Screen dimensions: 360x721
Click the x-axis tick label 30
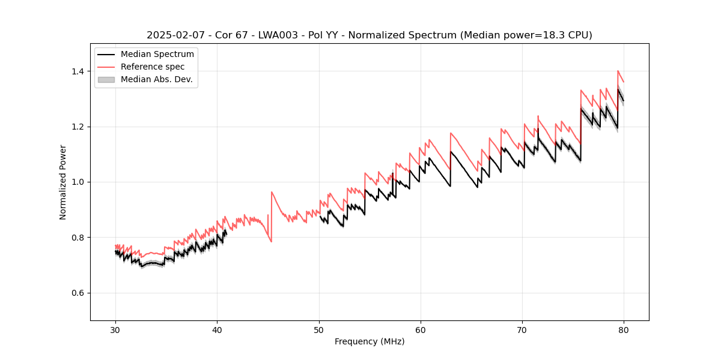[115, 330]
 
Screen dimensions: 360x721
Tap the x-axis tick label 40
[217, 330]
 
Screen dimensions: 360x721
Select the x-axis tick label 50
[319, 330]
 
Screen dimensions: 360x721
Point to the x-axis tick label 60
[421, 330]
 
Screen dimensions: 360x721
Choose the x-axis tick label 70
[522, 330]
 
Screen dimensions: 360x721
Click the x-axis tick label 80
[624, 330]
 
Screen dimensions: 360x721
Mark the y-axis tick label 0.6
[79, 293]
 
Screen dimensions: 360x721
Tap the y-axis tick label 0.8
[79, 238]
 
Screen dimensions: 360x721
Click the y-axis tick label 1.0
[79, 182]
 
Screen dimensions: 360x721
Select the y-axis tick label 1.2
[79, 127]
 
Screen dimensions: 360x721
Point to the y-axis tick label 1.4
[79, 71]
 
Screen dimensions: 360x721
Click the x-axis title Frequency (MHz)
[370, 341]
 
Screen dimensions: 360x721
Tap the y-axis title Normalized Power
[63, 182]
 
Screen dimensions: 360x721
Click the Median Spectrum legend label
[157, 55]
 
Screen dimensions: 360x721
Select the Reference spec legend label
[153, 67]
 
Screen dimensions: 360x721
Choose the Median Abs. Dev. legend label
[156, 79]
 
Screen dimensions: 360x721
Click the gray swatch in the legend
[106, 79]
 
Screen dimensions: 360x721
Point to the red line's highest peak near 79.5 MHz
[618, 71]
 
